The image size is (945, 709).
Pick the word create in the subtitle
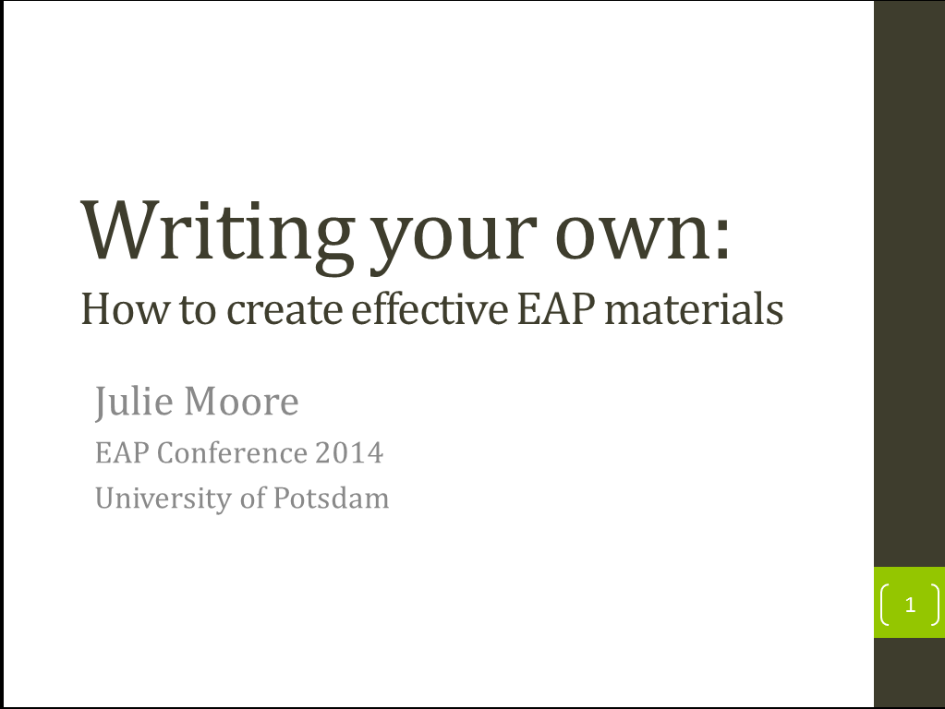285,311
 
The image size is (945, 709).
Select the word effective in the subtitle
430,308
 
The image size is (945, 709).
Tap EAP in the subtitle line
557,309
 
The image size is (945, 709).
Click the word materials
694,308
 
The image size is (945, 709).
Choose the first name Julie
134,402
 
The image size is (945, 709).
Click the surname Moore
241,402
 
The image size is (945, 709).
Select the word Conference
232,452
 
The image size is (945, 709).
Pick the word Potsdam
331,499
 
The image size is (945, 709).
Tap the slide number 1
910,604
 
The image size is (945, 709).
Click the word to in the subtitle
198,311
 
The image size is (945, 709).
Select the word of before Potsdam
252,498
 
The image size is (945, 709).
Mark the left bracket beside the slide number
883,604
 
